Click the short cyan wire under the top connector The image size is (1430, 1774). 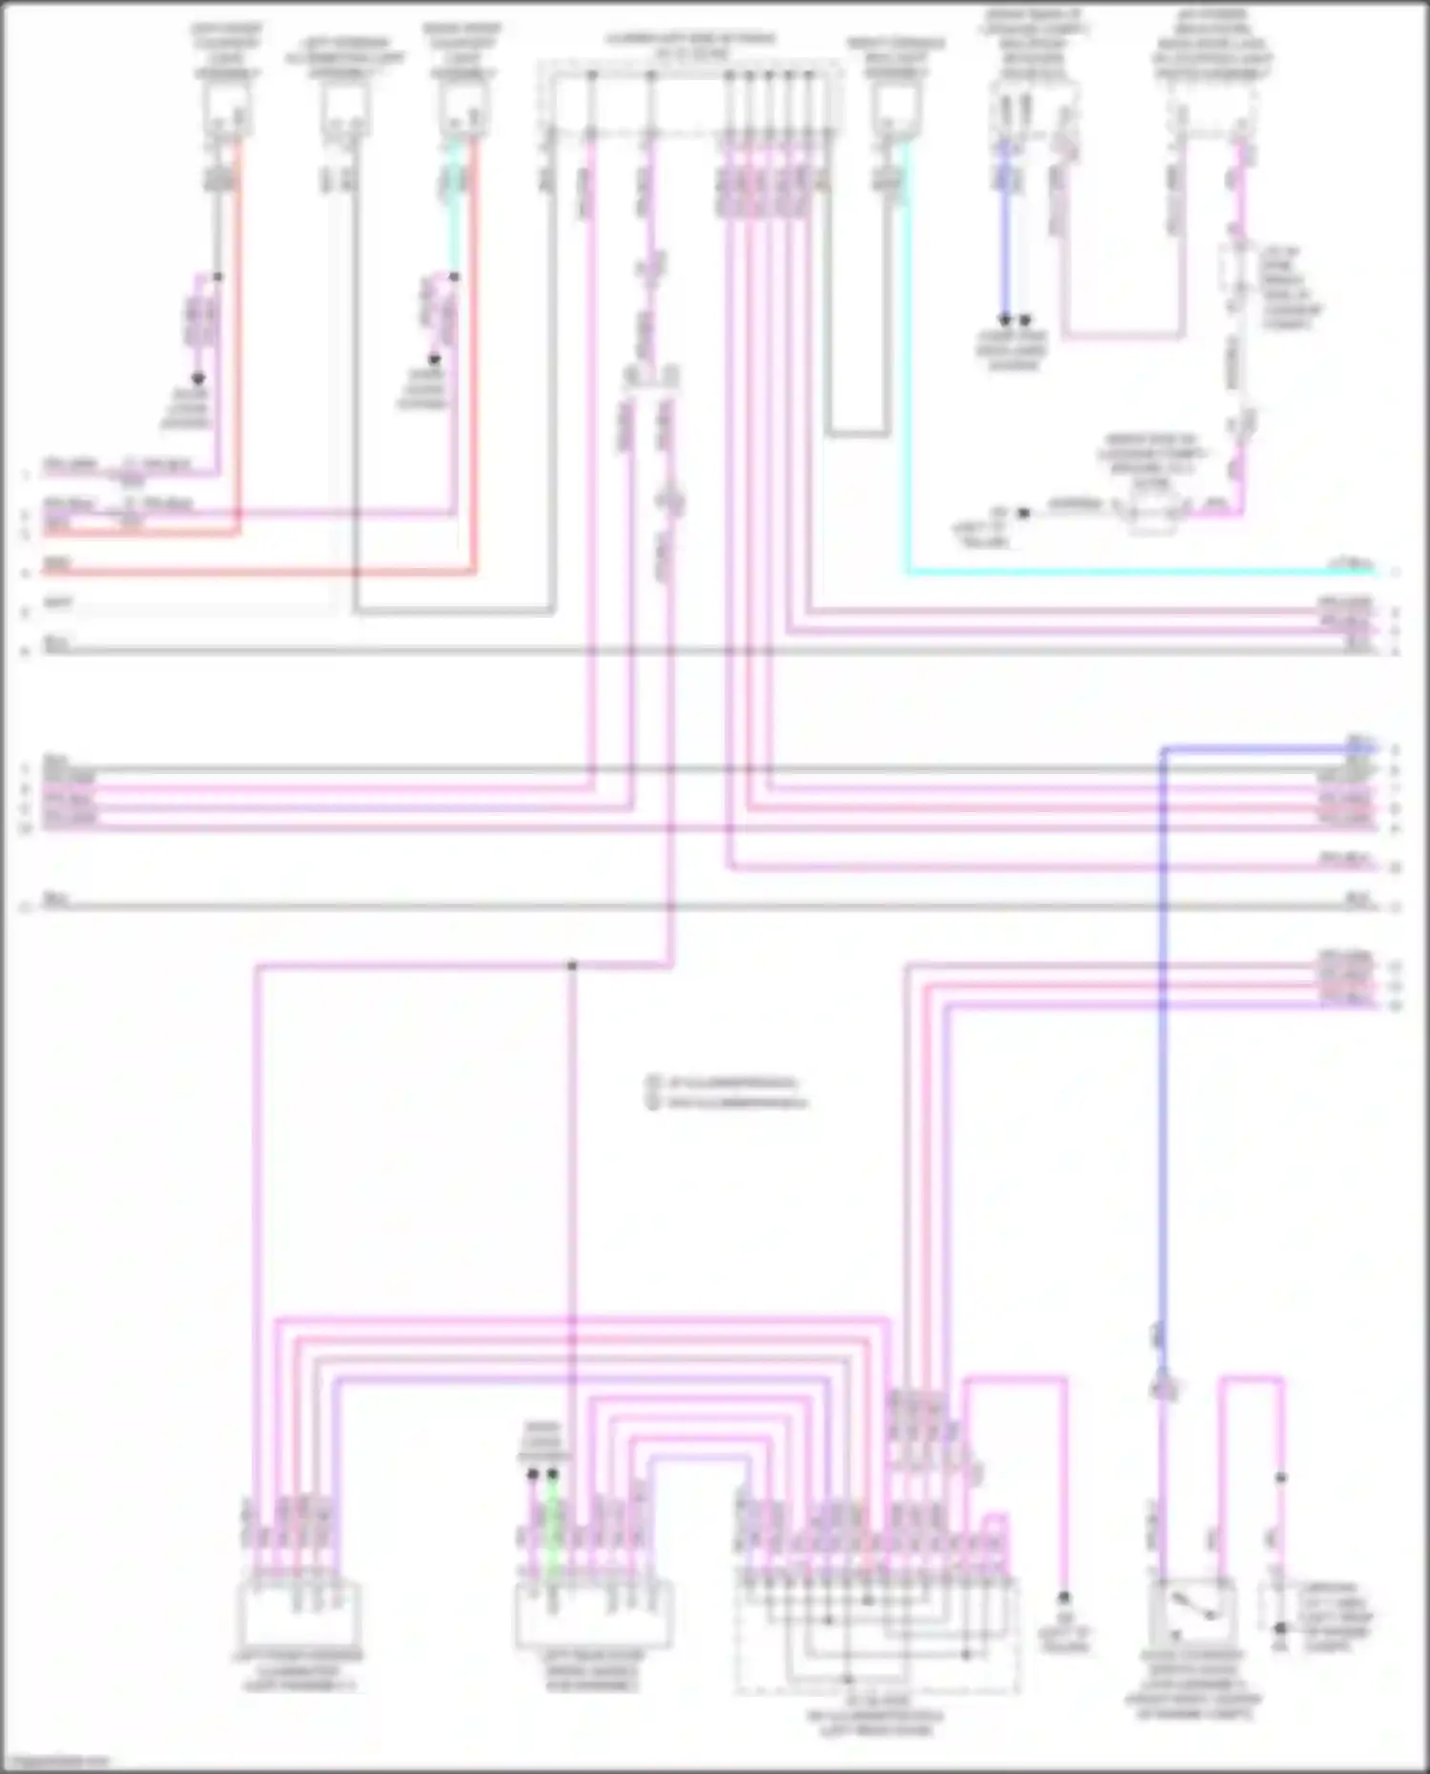pos(455,210)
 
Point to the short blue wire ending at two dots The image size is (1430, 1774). pos(1005,238)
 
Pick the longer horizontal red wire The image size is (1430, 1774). pos(257,573)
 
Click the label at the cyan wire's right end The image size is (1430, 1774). pos(1354,564)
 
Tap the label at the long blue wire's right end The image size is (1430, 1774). pos(1359,741)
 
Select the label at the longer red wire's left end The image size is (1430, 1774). pos(57,564)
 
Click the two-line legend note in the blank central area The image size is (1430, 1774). pos(729,1092)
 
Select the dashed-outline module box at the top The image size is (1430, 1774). pos(690,95)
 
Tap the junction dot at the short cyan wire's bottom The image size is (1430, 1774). pos(455,277)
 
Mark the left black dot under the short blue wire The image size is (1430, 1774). pos(1005,320)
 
